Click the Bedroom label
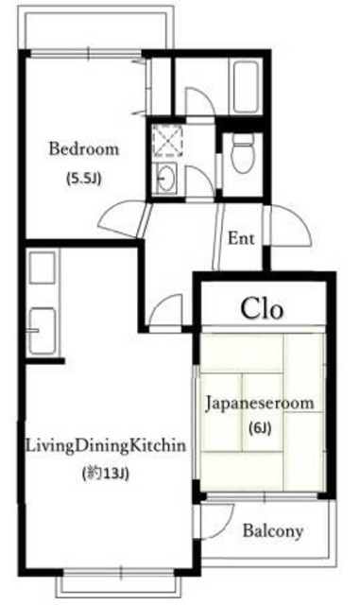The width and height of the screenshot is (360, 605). (84, 149)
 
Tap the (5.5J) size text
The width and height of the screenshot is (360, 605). (83, 179)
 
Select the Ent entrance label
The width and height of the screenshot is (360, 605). (241, 238)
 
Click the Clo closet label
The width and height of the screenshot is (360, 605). (263, 308)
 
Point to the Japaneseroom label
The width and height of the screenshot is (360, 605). (260, 404)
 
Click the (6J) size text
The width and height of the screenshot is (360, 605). (260, 427)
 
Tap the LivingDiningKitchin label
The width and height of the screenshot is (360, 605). (105, 446)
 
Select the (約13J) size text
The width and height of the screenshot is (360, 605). (105, 473)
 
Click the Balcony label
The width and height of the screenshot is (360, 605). (273, 531)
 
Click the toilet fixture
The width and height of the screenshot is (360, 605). (243, 153)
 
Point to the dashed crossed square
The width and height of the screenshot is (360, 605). (167, 140)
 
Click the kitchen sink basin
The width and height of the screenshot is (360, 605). (43, 331)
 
